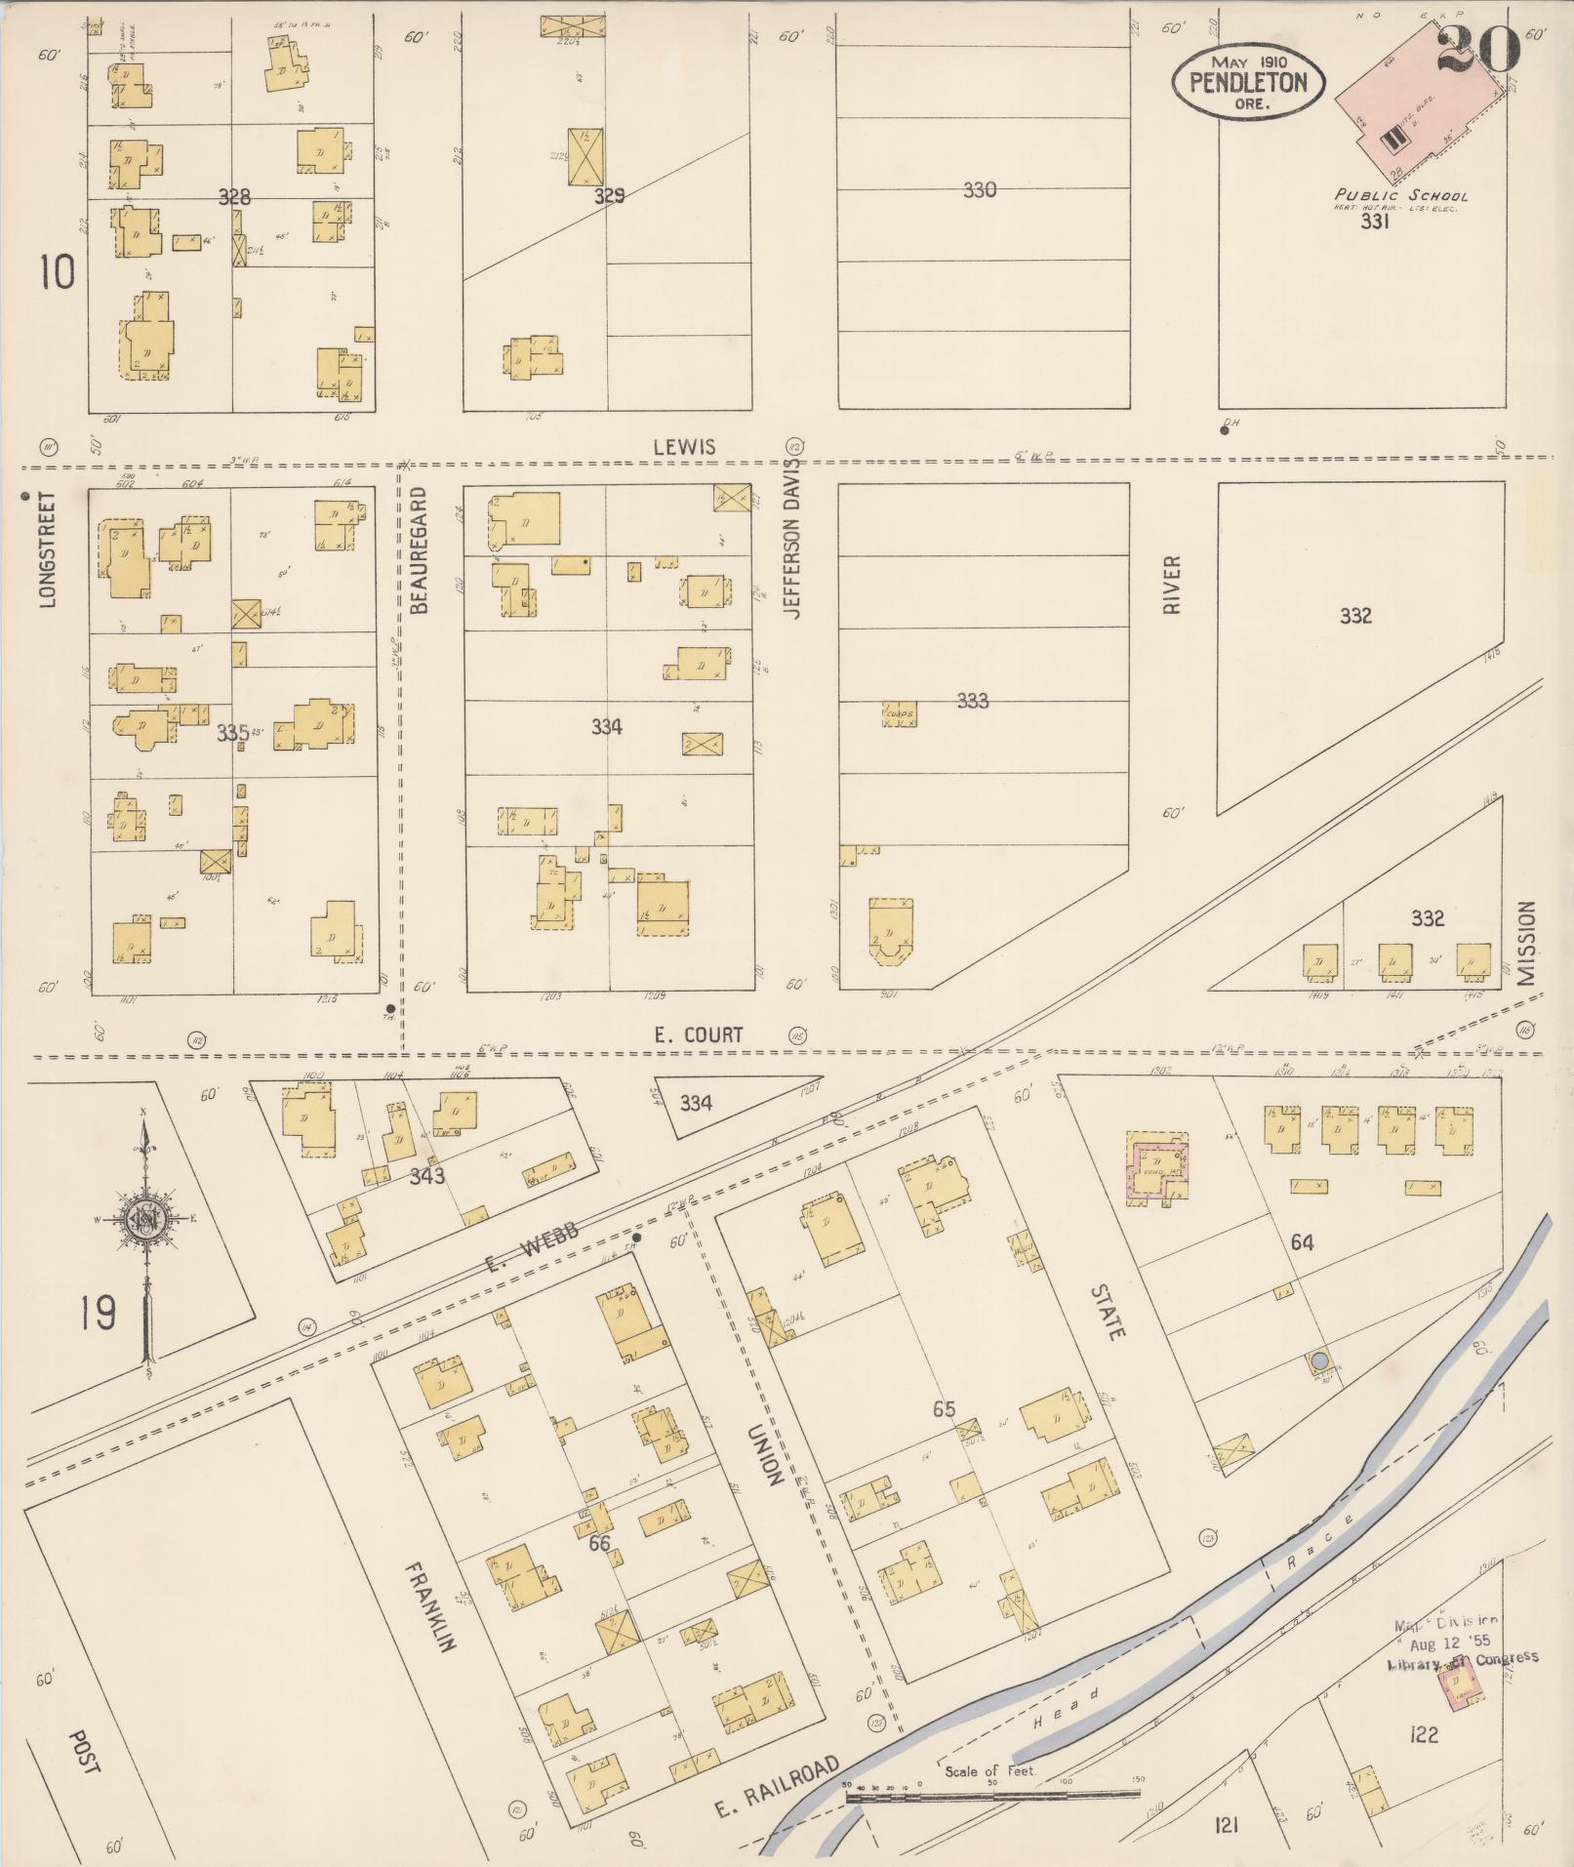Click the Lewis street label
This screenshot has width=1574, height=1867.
[684, 447]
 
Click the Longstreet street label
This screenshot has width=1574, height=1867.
[49, 548]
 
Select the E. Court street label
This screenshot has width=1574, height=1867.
[698, 1035]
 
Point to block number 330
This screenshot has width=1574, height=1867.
[979, 189]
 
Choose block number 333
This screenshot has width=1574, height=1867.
[972, 700]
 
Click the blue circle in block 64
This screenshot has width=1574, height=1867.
[1318, 1360]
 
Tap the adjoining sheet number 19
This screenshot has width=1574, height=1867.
[100, 1313]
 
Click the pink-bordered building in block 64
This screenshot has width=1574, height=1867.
[1158, 1167]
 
